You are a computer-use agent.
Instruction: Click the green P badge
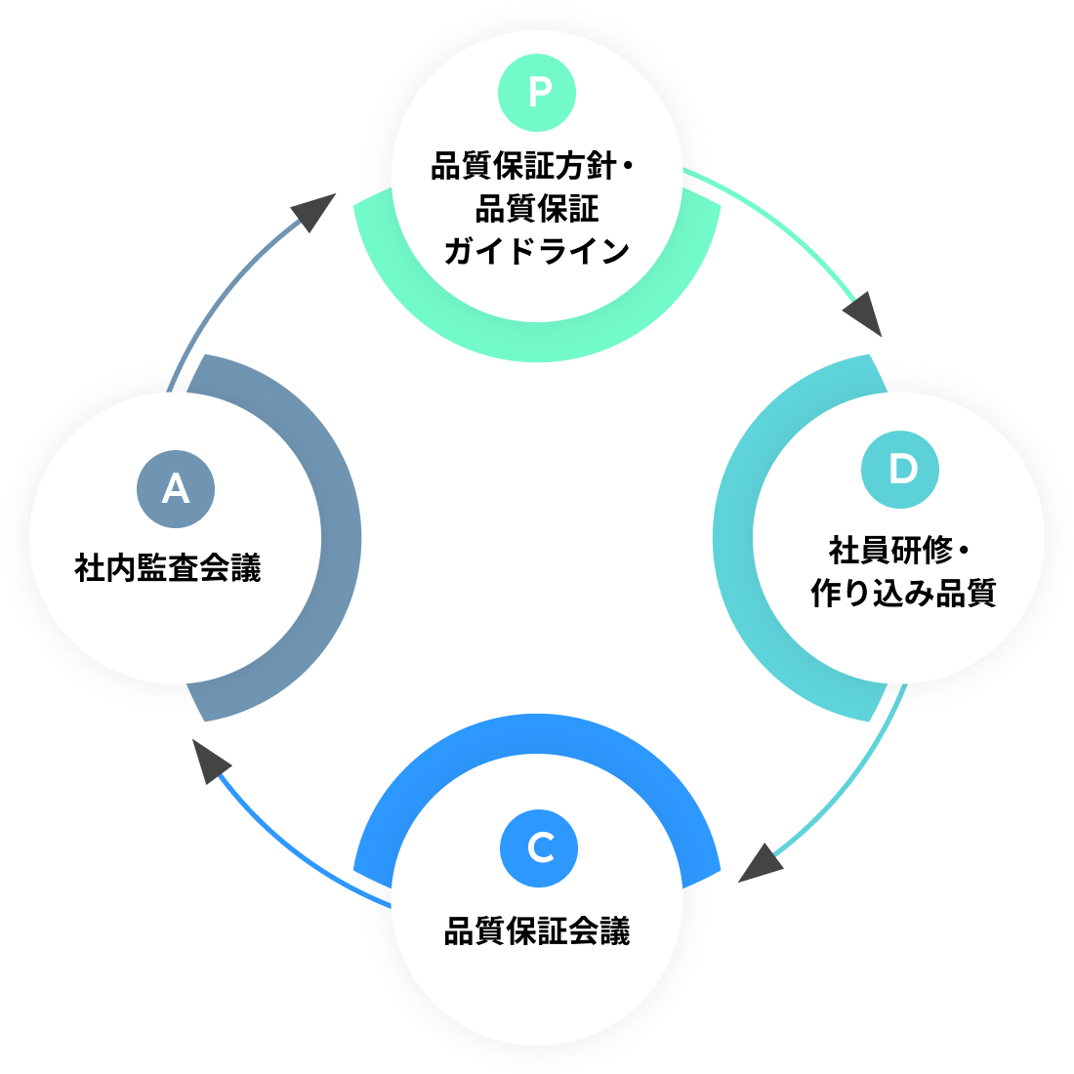coord(537,93)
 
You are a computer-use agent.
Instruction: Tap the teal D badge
coord(900,470)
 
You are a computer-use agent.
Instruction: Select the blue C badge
coord(539,847)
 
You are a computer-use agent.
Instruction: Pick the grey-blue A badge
coord(176,487)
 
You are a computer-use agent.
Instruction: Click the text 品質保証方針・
coord(533,167)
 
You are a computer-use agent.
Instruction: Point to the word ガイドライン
coord(537,251)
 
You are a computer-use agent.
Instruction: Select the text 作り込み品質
coord(903,593)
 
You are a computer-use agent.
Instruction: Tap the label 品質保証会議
coord(537,931)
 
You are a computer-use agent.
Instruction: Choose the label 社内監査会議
coord(168,568)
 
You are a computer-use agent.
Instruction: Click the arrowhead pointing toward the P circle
coord(314,212)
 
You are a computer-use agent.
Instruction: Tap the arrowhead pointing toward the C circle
coord(762,864)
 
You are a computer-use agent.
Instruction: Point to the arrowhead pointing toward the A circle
coord(207,760)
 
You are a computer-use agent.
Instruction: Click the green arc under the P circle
coord(537,342)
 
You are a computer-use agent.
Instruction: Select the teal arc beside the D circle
coord(733,537)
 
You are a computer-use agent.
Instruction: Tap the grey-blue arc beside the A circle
coord(341,537)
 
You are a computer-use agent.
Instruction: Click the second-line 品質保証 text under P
coord(537,209)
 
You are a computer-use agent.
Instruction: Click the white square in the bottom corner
coord(1037,1037)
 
